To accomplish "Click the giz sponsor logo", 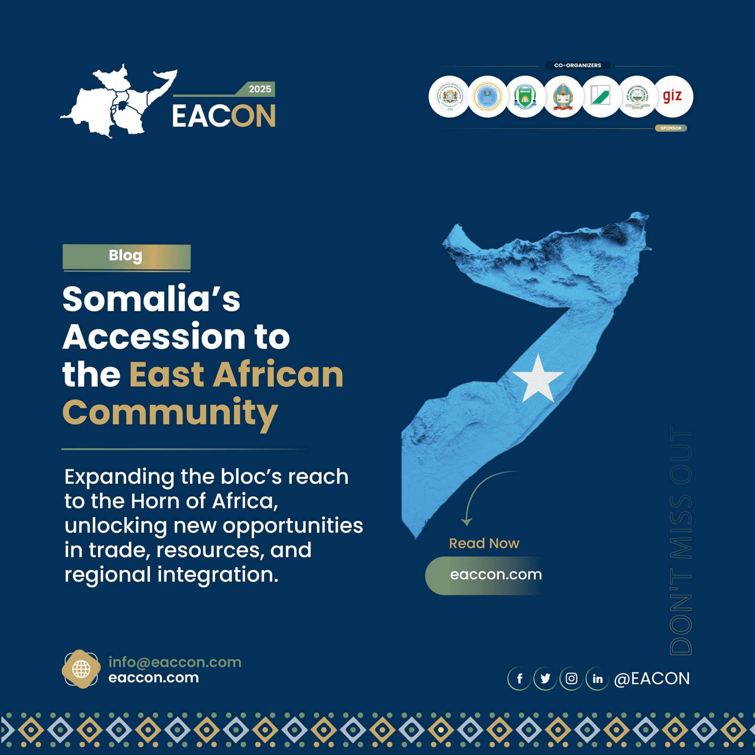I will click(x=673, y=96).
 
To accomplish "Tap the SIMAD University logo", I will click(x=525, y=96).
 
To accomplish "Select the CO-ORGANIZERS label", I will click(x=578, y=65).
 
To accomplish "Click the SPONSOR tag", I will click(x=671, y=128).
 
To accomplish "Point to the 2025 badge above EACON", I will click(x=260, y=89).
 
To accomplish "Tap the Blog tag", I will click(x=126, y=256).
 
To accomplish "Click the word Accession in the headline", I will click(x=154, y=337).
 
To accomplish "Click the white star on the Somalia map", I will click(x=538, y=378).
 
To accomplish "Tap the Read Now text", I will click(x=484, y=543).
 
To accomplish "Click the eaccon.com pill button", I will click(x=491, y=575).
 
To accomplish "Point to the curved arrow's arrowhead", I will click(x=467, y=521).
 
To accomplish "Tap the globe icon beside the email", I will click(x=81, y=669).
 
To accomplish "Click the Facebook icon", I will click(x=520, y=679).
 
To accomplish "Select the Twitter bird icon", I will click(x=545, y=679).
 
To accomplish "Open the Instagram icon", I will click(x=571, y=679).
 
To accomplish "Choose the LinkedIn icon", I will click(x=597, y=679).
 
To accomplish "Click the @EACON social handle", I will click(x=652, y=679).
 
